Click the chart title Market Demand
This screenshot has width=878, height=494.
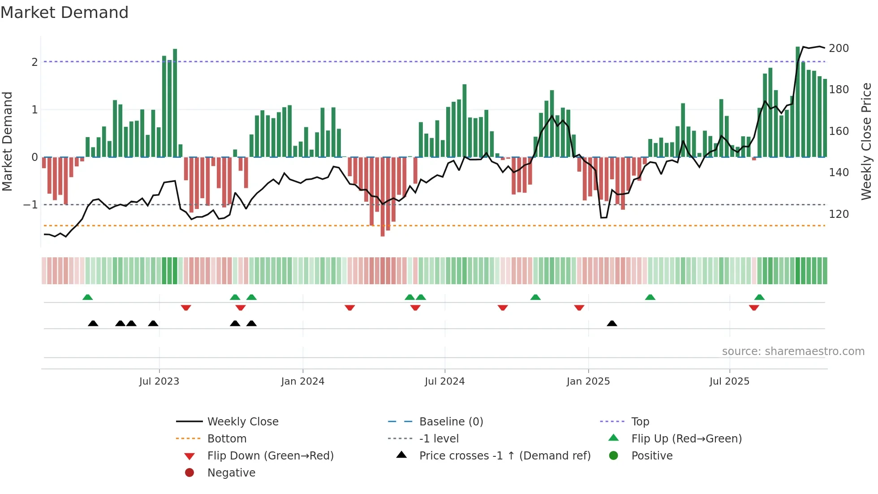(65, 13)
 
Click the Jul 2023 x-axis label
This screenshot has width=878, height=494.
(159, 381)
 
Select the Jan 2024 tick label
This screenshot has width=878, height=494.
(302, 381)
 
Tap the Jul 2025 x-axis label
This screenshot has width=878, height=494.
(729, 381)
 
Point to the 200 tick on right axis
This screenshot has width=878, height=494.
(839, 48)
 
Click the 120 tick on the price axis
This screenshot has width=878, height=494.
(839, 214)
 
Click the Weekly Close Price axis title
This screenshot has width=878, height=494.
(866, 141)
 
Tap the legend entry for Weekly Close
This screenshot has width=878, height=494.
(242, 422)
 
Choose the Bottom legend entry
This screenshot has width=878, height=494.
(227, 439)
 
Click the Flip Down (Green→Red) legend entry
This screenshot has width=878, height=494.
(270, 456)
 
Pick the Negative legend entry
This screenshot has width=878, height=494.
(231, 473)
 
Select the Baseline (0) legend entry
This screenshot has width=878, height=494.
(451, 422)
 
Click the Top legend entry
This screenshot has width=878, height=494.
(640, 422)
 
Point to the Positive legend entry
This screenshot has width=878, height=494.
(652, 456)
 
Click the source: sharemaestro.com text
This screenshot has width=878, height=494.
(793, 351)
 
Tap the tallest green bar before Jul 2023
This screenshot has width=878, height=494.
(175, 103)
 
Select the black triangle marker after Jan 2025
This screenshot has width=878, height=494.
(612, 323)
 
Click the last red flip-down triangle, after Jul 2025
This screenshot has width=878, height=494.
(754, 308)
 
